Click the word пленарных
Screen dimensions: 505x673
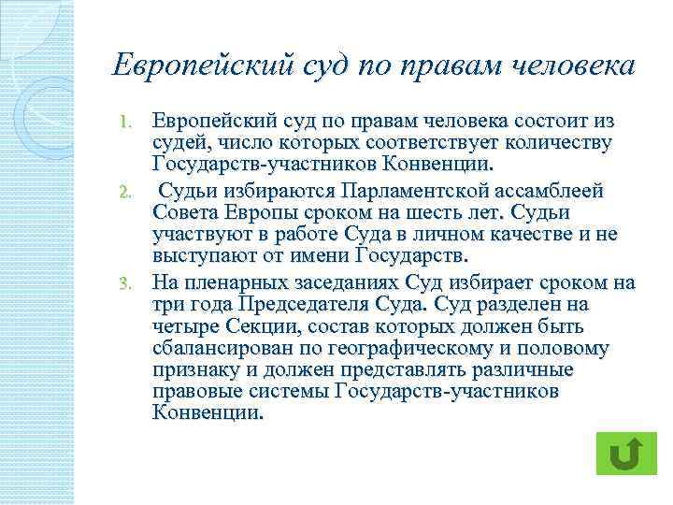pos(230,282)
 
